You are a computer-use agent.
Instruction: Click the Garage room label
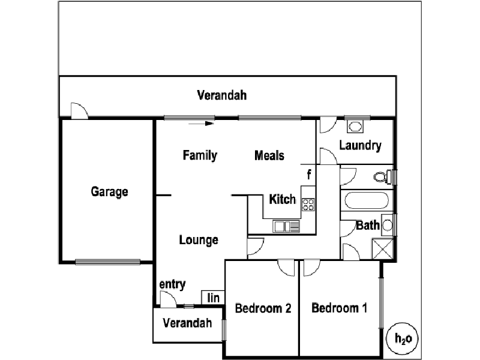pyautogui.click(x=110, y=192)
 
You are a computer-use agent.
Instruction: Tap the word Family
pyautogui.click(x=200, y=156)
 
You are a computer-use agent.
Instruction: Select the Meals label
pyautogui.click(x=269, y=156)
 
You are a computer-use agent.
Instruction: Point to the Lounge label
pyautogui.click(x=199, y=240)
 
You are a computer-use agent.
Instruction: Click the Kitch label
pyautogui.click(x=282, y=199)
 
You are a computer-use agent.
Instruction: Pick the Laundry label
pyautogui.click(x=360, y=145)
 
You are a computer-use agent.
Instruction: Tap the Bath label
pyautogui.click(x=368, y=226)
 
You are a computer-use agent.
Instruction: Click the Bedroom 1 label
pyautogui.click(x=340, y=308)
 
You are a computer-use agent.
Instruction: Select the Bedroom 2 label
pyautogui.click(x=263, y=309)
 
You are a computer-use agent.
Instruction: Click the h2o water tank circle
pyautogui.click(x=403, y=338)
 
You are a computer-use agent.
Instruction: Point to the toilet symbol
pyautogui.click(x=382, y=177)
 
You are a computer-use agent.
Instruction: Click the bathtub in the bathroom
pyautogui.click(x=367, y=201)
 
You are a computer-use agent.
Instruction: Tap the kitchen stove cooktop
pyautogui.click(x=308, y=205)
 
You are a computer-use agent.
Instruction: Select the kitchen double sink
pyautogui.click(x=286, y=226)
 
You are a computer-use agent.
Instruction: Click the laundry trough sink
pyautogui.click(x=356, y=127)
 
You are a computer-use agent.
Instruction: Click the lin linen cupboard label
pyautogui.click(x=213, y=298)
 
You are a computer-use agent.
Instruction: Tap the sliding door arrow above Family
pyautogui.click(x=201, y=124)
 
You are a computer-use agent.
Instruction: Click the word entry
pyautogui.click(x=172, y=284)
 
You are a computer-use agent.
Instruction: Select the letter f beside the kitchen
pyautogui.click(x=309, y=175)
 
